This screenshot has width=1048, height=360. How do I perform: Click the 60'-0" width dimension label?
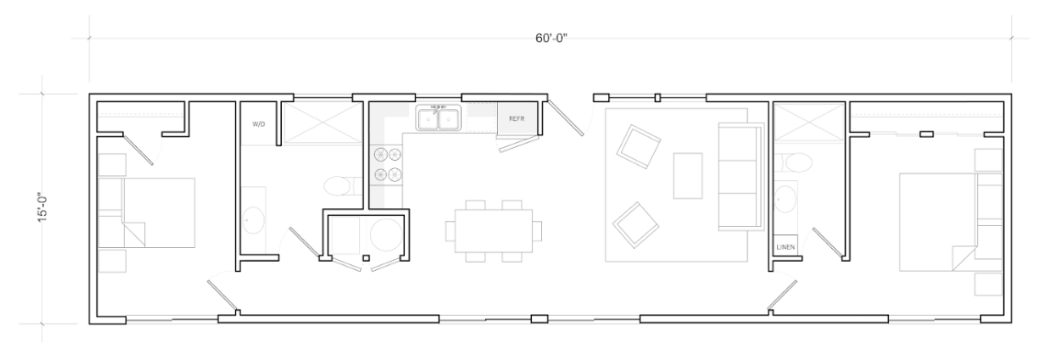pos(551,38)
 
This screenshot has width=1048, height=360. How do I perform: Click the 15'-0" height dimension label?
pos(43,208)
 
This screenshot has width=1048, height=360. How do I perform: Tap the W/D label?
pos(259,124)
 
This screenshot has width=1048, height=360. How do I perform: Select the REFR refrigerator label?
pos(516,118)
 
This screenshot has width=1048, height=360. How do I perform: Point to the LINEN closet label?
pos(786,247)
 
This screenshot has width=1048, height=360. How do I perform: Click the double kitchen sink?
pos(438,118)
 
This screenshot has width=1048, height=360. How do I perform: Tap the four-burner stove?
pos(388,164)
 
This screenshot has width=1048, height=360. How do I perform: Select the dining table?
pos(494,231)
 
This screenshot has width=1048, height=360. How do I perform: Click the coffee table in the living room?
pos(688,175)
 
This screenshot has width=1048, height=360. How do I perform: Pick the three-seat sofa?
pos(740,176)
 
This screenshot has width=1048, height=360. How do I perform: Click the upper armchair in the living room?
pos(638,146)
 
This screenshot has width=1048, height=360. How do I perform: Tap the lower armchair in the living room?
pos(637,224)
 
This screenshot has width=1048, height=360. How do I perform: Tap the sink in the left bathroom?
pos(254,219)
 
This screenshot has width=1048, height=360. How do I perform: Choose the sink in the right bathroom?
pos(785,199)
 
